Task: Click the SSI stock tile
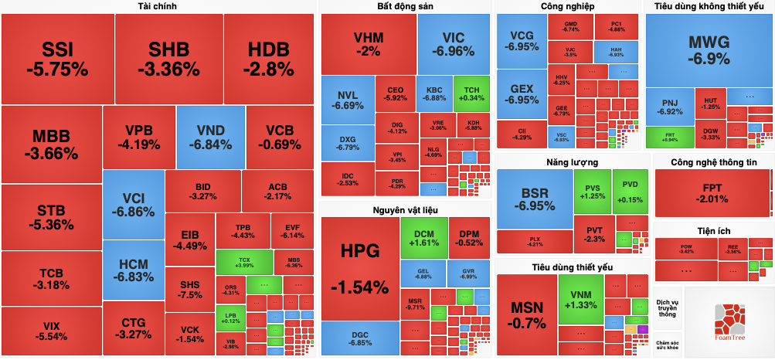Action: click(x=57, y=59)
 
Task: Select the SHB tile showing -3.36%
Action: click(x=168, y=59)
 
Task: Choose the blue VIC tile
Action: click(x=454, y=44)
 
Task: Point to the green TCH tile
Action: click(x=471, y=93)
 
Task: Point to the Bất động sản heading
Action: click(x=405, y=6)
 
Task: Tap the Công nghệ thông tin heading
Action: click(x=713, y=162)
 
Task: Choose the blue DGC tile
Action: click(x=359, y=338)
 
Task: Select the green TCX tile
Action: click(x=244, y=261)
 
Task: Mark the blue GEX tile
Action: click(x=522, y=94)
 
